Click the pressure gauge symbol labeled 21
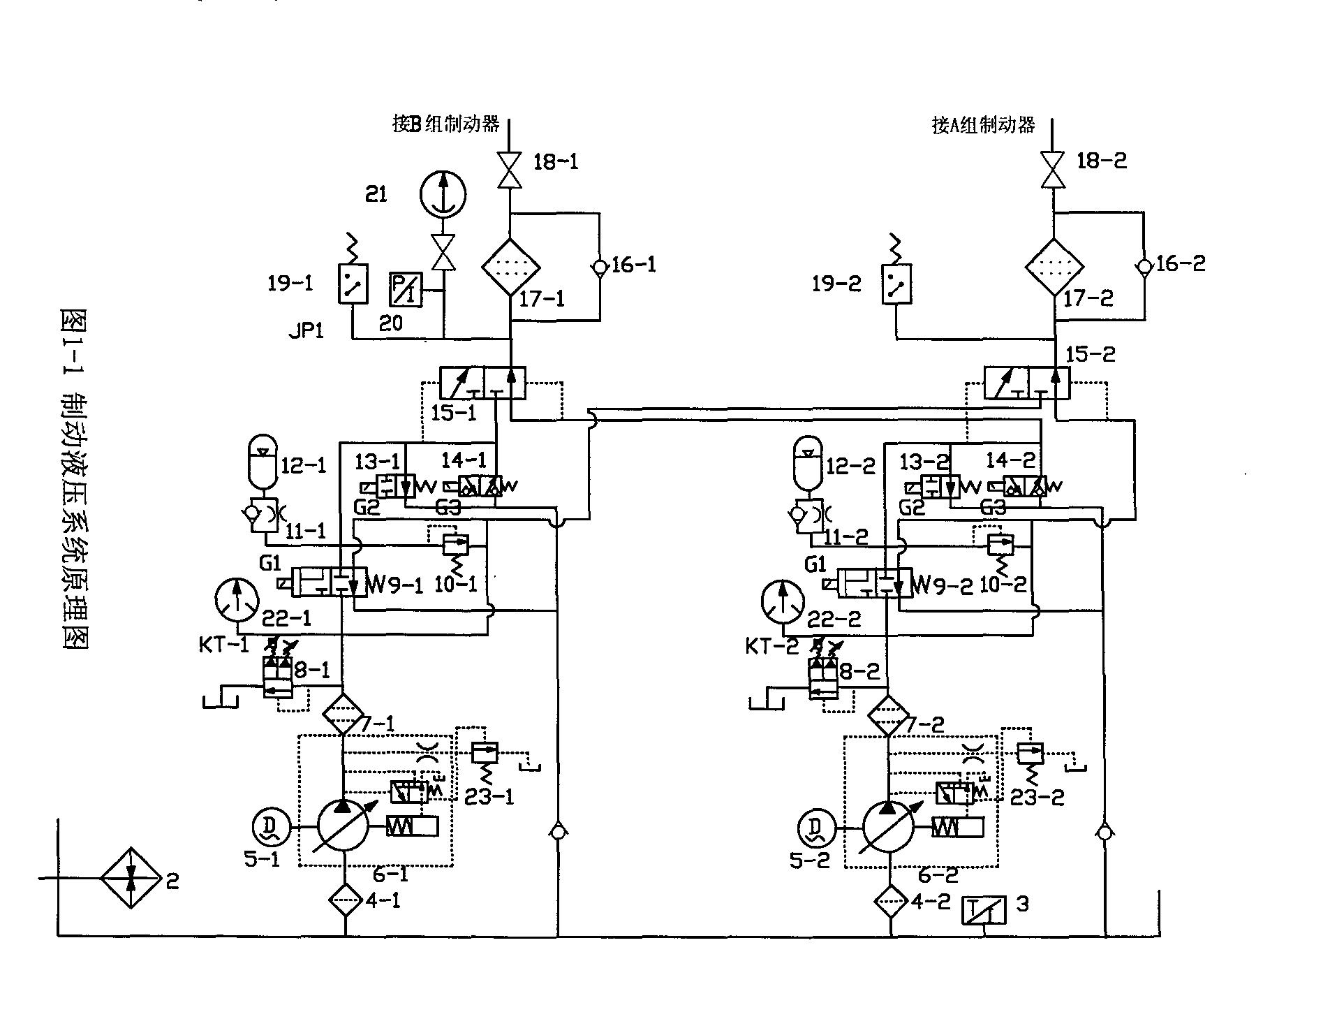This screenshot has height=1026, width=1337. (x=443, y=194)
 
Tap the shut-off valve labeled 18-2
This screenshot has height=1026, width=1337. (x=1052, y=170)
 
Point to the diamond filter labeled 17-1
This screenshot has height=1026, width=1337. (x=511, y=267)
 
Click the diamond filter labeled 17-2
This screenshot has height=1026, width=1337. (x=1054, y=267)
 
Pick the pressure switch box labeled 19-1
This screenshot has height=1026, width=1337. (x=353, y=284)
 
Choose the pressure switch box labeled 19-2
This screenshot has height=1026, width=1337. (x=896, y=284)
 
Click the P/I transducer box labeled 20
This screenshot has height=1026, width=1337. (x=406, y=289)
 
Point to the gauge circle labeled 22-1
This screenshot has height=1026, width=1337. (x=236, y=600)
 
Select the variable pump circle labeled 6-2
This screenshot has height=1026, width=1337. (x=887, y=826)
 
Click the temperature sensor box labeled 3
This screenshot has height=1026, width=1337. (x=984, y=909)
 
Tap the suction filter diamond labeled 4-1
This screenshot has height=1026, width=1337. (x=345, y=900)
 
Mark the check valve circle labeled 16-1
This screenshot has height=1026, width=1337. (x=600, y=266)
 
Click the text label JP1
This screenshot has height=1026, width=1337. (x=306, y=330)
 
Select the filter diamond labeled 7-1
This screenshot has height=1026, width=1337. (x=343, y=714)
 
